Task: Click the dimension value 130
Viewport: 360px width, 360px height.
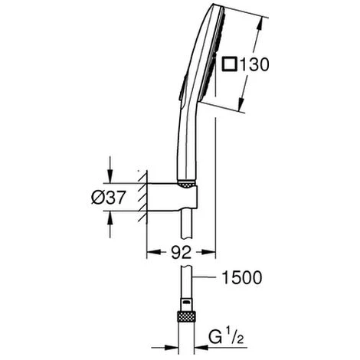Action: [x=255, y=64]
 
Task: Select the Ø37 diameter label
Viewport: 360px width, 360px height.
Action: [x=109, y=198]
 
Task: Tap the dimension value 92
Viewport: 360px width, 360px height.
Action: [x=181, y=253]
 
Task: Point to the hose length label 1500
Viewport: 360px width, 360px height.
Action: [x=242, y=277]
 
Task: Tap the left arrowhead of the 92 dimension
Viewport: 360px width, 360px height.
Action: [x=154, y=252]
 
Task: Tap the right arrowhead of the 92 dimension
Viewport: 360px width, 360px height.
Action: [x=208, y=252]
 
